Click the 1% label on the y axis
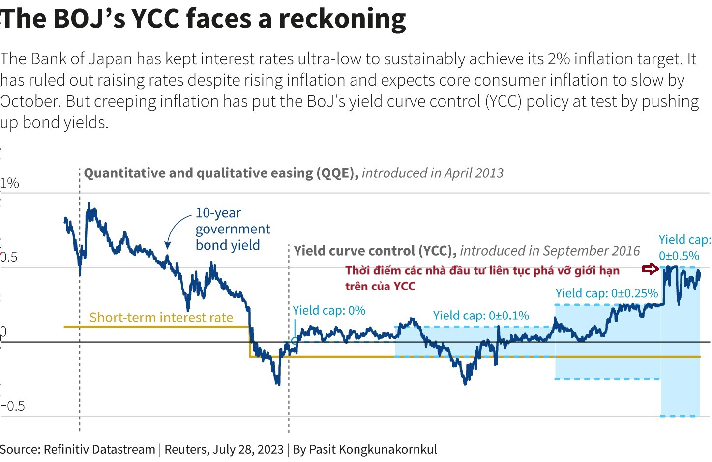tap(10, 183)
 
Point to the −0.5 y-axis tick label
tap(13, 406)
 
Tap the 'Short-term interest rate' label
tap(161, 318)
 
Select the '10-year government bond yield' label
tap(232, 229)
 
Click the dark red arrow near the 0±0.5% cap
tap(651, 269)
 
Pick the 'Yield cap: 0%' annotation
tap(329, 310)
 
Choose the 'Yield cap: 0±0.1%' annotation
tap(480, 316)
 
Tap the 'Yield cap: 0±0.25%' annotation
tap(606, 293)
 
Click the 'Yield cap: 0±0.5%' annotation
tap(684, 247)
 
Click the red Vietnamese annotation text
tap(482, 278)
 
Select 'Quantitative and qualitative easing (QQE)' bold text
tap(221, 173)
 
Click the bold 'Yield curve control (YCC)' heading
tap(375, 251)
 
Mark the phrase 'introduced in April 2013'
tap(433, 173)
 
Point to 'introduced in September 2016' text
tap(550, 251)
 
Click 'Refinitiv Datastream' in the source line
tap(99, 449)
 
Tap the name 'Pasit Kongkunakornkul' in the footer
tap(373, 449)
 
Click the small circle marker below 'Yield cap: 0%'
tap(295, 340)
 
